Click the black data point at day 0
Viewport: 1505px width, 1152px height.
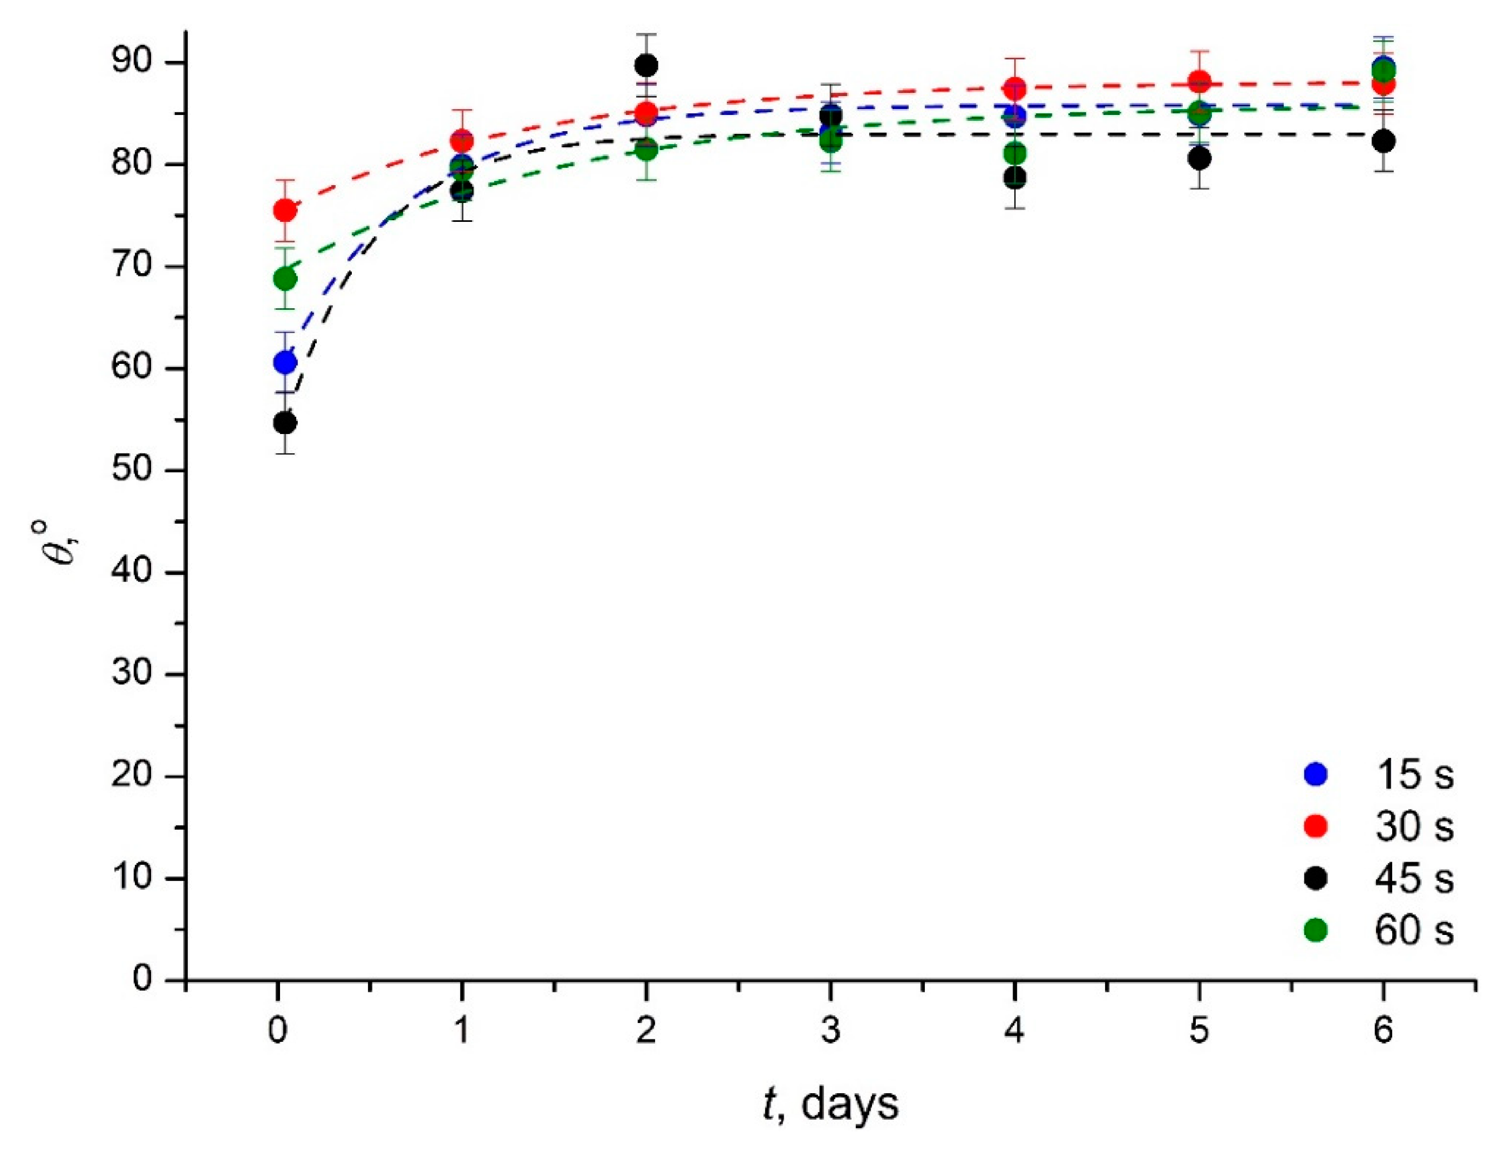click(285, 423)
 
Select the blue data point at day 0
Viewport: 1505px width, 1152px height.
click(285, 362)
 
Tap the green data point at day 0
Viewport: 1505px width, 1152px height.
click(285, 279)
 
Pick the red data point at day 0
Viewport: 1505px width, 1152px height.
click(285, 211)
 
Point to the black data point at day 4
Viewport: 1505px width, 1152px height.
click(1014, 178)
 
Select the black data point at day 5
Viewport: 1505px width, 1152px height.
click(1198, 158)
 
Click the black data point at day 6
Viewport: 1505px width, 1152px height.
click(1383, 141)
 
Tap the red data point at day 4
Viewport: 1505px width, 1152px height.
click(1014, 89)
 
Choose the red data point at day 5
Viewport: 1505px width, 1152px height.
click(1198, 81)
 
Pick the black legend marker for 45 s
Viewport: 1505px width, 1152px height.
click(1315, 878)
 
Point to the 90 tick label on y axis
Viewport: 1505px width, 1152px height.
click(133, 63)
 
